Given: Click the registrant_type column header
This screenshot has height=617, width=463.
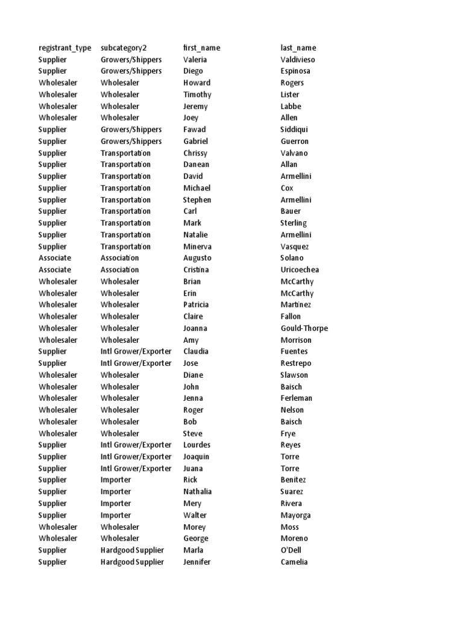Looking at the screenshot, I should coord(65,48).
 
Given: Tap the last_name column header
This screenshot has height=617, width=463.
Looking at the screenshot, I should coord(298,48).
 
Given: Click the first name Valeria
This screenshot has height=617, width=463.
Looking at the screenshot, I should coord(195,60).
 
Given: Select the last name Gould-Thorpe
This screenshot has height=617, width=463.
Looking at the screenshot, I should coord(304,328).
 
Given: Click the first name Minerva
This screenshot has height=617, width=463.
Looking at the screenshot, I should coord(197,246).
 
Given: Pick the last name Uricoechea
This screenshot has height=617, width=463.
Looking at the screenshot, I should coord(300,270).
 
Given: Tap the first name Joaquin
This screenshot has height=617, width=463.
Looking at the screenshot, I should coord(197,457).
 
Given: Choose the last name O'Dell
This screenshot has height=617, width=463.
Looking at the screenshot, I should coord(291,550).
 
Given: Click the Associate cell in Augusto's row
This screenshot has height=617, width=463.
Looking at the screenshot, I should coord(55,258).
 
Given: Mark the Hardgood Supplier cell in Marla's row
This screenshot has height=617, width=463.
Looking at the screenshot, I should coord(132,550).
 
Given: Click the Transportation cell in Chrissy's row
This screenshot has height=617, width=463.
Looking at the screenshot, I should coord(126,153).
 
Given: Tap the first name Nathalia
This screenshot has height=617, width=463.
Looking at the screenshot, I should coord(198,492).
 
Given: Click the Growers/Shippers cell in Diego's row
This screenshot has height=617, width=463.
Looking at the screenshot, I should coord(131,71).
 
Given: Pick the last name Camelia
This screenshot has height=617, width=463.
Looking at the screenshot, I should coord(294,562).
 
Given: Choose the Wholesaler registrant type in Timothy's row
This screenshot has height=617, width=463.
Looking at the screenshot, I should coord(58,95).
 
